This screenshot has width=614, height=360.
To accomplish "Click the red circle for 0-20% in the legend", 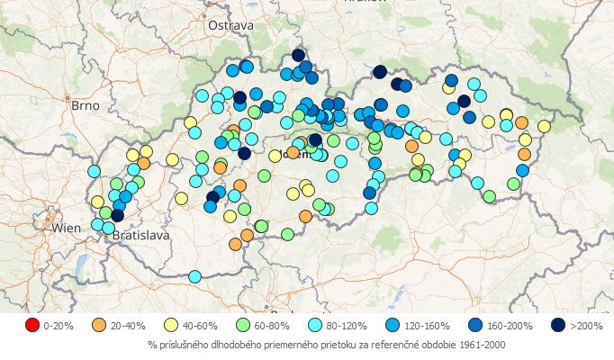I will [32, 325].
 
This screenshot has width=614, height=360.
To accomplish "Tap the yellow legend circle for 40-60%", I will [171, 325].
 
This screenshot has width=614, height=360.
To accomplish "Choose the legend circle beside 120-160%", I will [389, 325].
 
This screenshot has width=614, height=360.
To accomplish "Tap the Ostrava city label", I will [230, 26].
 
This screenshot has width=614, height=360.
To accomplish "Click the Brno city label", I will [85, 105].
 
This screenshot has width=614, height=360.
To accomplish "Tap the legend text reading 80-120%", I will [346, 326].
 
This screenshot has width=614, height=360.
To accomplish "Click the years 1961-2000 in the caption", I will [492, 345].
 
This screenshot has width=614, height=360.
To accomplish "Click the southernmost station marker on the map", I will [194, 276].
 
